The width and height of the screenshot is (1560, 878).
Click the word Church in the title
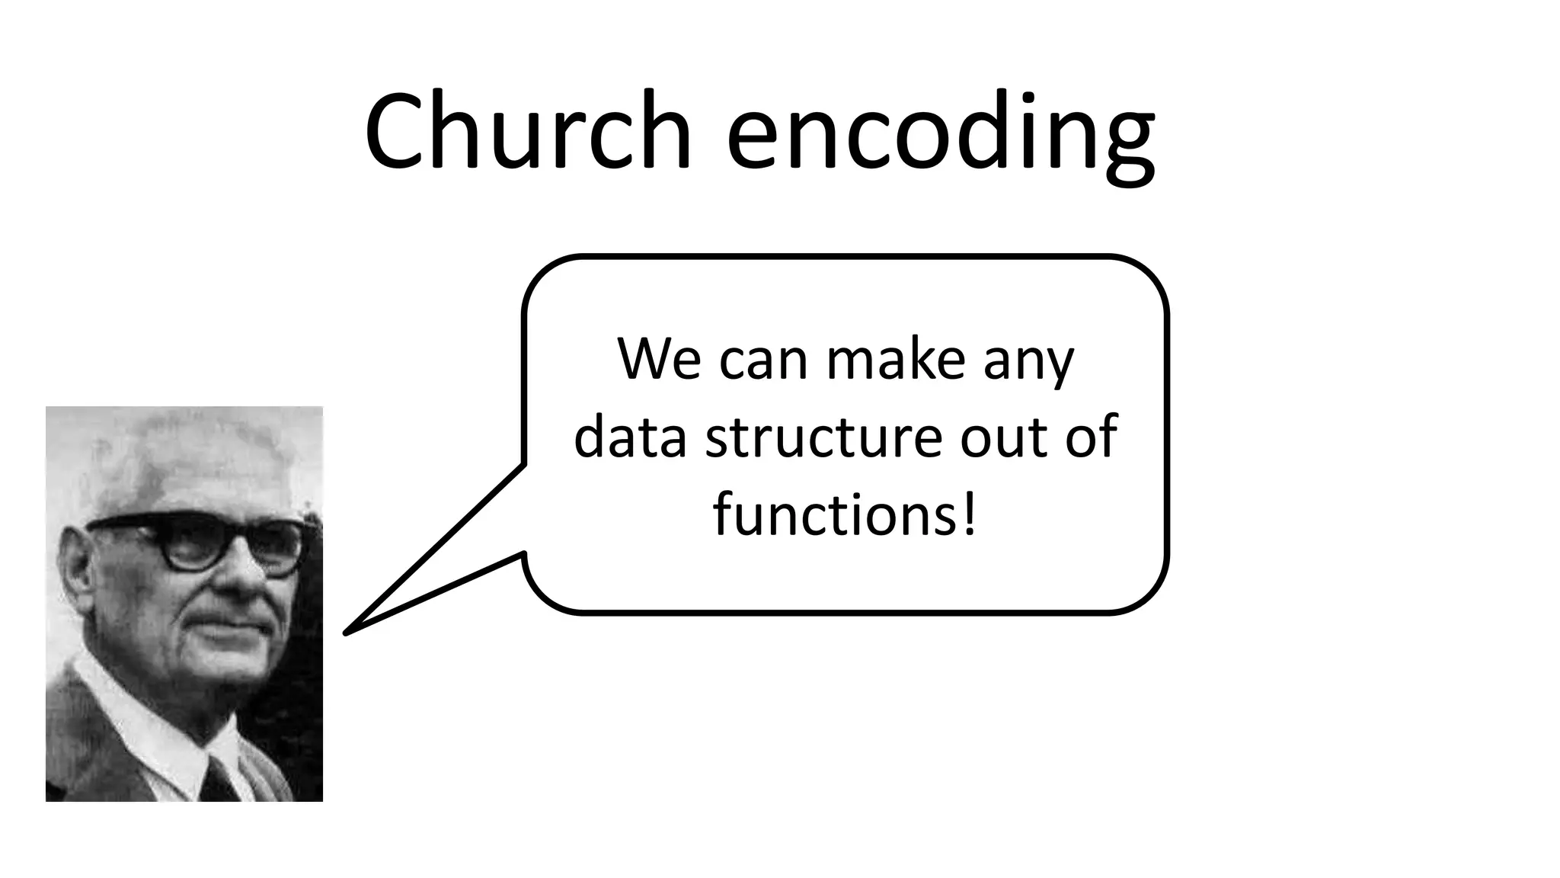[x=528, y=131]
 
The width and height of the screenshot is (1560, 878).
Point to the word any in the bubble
[x=1028, y=364]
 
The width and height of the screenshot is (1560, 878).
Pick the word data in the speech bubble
[x=630, y=437]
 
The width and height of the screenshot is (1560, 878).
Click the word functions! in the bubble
[x=844, y=515]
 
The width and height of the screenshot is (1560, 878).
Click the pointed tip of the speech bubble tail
[x=347, y=632]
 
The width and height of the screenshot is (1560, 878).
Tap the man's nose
[x=242, y=575]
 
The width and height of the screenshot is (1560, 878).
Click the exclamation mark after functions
[x=969, y=515]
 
